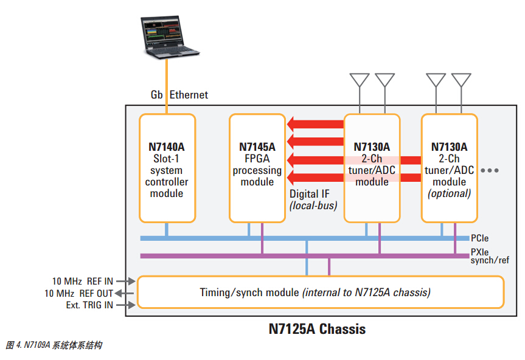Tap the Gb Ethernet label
coord(179,95)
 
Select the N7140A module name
coord(167,147)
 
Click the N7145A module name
coord(257,147)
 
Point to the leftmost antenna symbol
coord(360,81)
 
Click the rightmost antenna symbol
coord(461,81)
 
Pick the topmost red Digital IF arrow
coord(316,125)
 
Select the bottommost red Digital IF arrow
coord(316,178)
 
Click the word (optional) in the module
coord(450,193)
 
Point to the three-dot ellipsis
coord(490,171)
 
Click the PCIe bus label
coord(479,238)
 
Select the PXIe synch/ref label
coord(489,255)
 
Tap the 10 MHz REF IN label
coord(82,281)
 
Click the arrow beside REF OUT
coord(124,293)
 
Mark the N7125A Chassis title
coord(317,330)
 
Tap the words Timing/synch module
coord(249,292)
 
